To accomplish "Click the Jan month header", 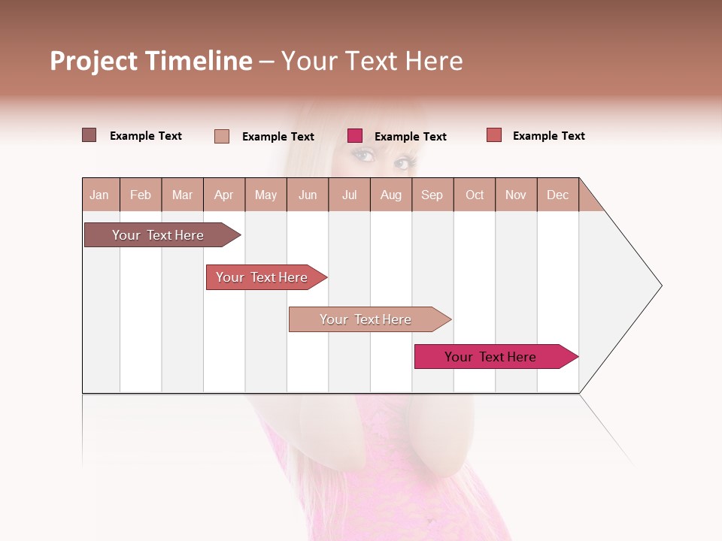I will click(x=100, y=195).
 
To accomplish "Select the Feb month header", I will click(x=141, y=195).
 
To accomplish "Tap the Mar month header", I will click(x=182, y=195).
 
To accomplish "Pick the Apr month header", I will click(x=224, y=195).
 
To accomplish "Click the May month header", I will click(x=265, y=195).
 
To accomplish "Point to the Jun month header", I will click(x=308, y=195).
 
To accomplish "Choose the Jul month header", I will click(x=349, y=195).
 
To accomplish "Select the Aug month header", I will click(x=391, y=195).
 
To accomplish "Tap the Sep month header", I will click(x=432, y=195).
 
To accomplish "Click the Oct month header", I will click(x=475, y=195).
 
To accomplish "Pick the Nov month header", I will click(x=516, y=195).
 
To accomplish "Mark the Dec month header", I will click(x=558, y=195).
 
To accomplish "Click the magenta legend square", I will click(x=355, y=136).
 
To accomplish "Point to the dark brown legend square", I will click(x=89, y=135).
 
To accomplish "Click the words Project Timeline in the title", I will click(x=151, y=61).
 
